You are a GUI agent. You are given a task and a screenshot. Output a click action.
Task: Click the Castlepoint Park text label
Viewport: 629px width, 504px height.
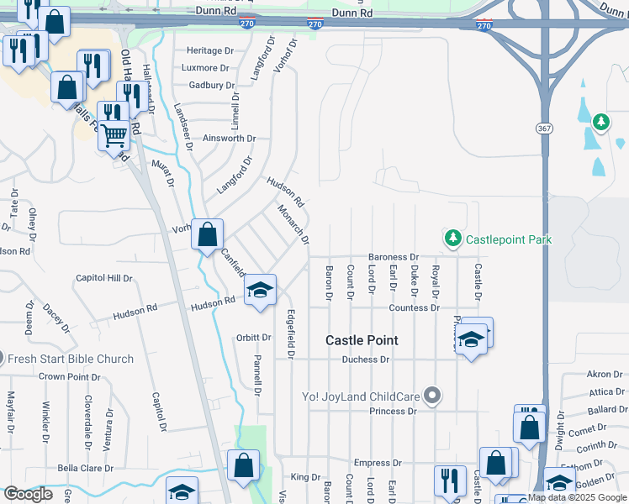click(509, 239)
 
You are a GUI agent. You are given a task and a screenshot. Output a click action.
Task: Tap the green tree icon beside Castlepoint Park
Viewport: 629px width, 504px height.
click(453, 239)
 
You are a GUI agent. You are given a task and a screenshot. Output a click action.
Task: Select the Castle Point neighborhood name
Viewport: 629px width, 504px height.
click(362, 340)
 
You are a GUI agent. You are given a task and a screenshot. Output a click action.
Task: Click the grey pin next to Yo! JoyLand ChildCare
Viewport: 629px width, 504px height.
click(432, 394)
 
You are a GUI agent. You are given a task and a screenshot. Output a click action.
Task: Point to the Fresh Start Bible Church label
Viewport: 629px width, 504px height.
click(71, 359)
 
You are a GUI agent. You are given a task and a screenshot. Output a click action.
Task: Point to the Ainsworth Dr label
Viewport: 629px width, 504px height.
click(229, 138)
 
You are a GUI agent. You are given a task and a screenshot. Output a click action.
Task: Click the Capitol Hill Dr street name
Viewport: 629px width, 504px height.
click(104, 278)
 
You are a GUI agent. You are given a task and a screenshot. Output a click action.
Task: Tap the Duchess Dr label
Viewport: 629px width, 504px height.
click(366, 360)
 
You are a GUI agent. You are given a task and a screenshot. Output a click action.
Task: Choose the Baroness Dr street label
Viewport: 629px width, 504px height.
click(393, 257)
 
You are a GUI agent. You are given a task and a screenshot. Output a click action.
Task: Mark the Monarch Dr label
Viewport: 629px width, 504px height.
click(293, 226)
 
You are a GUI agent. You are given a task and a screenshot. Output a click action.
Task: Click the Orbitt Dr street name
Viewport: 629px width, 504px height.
click(254, 338)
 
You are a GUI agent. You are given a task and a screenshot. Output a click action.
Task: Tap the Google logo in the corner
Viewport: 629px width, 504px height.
click(28, 495)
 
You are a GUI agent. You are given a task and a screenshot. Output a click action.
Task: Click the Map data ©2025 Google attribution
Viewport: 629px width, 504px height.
click(578, 498)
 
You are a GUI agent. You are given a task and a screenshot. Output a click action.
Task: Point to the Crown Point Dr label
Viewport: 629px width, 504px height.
click(69, 377)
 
